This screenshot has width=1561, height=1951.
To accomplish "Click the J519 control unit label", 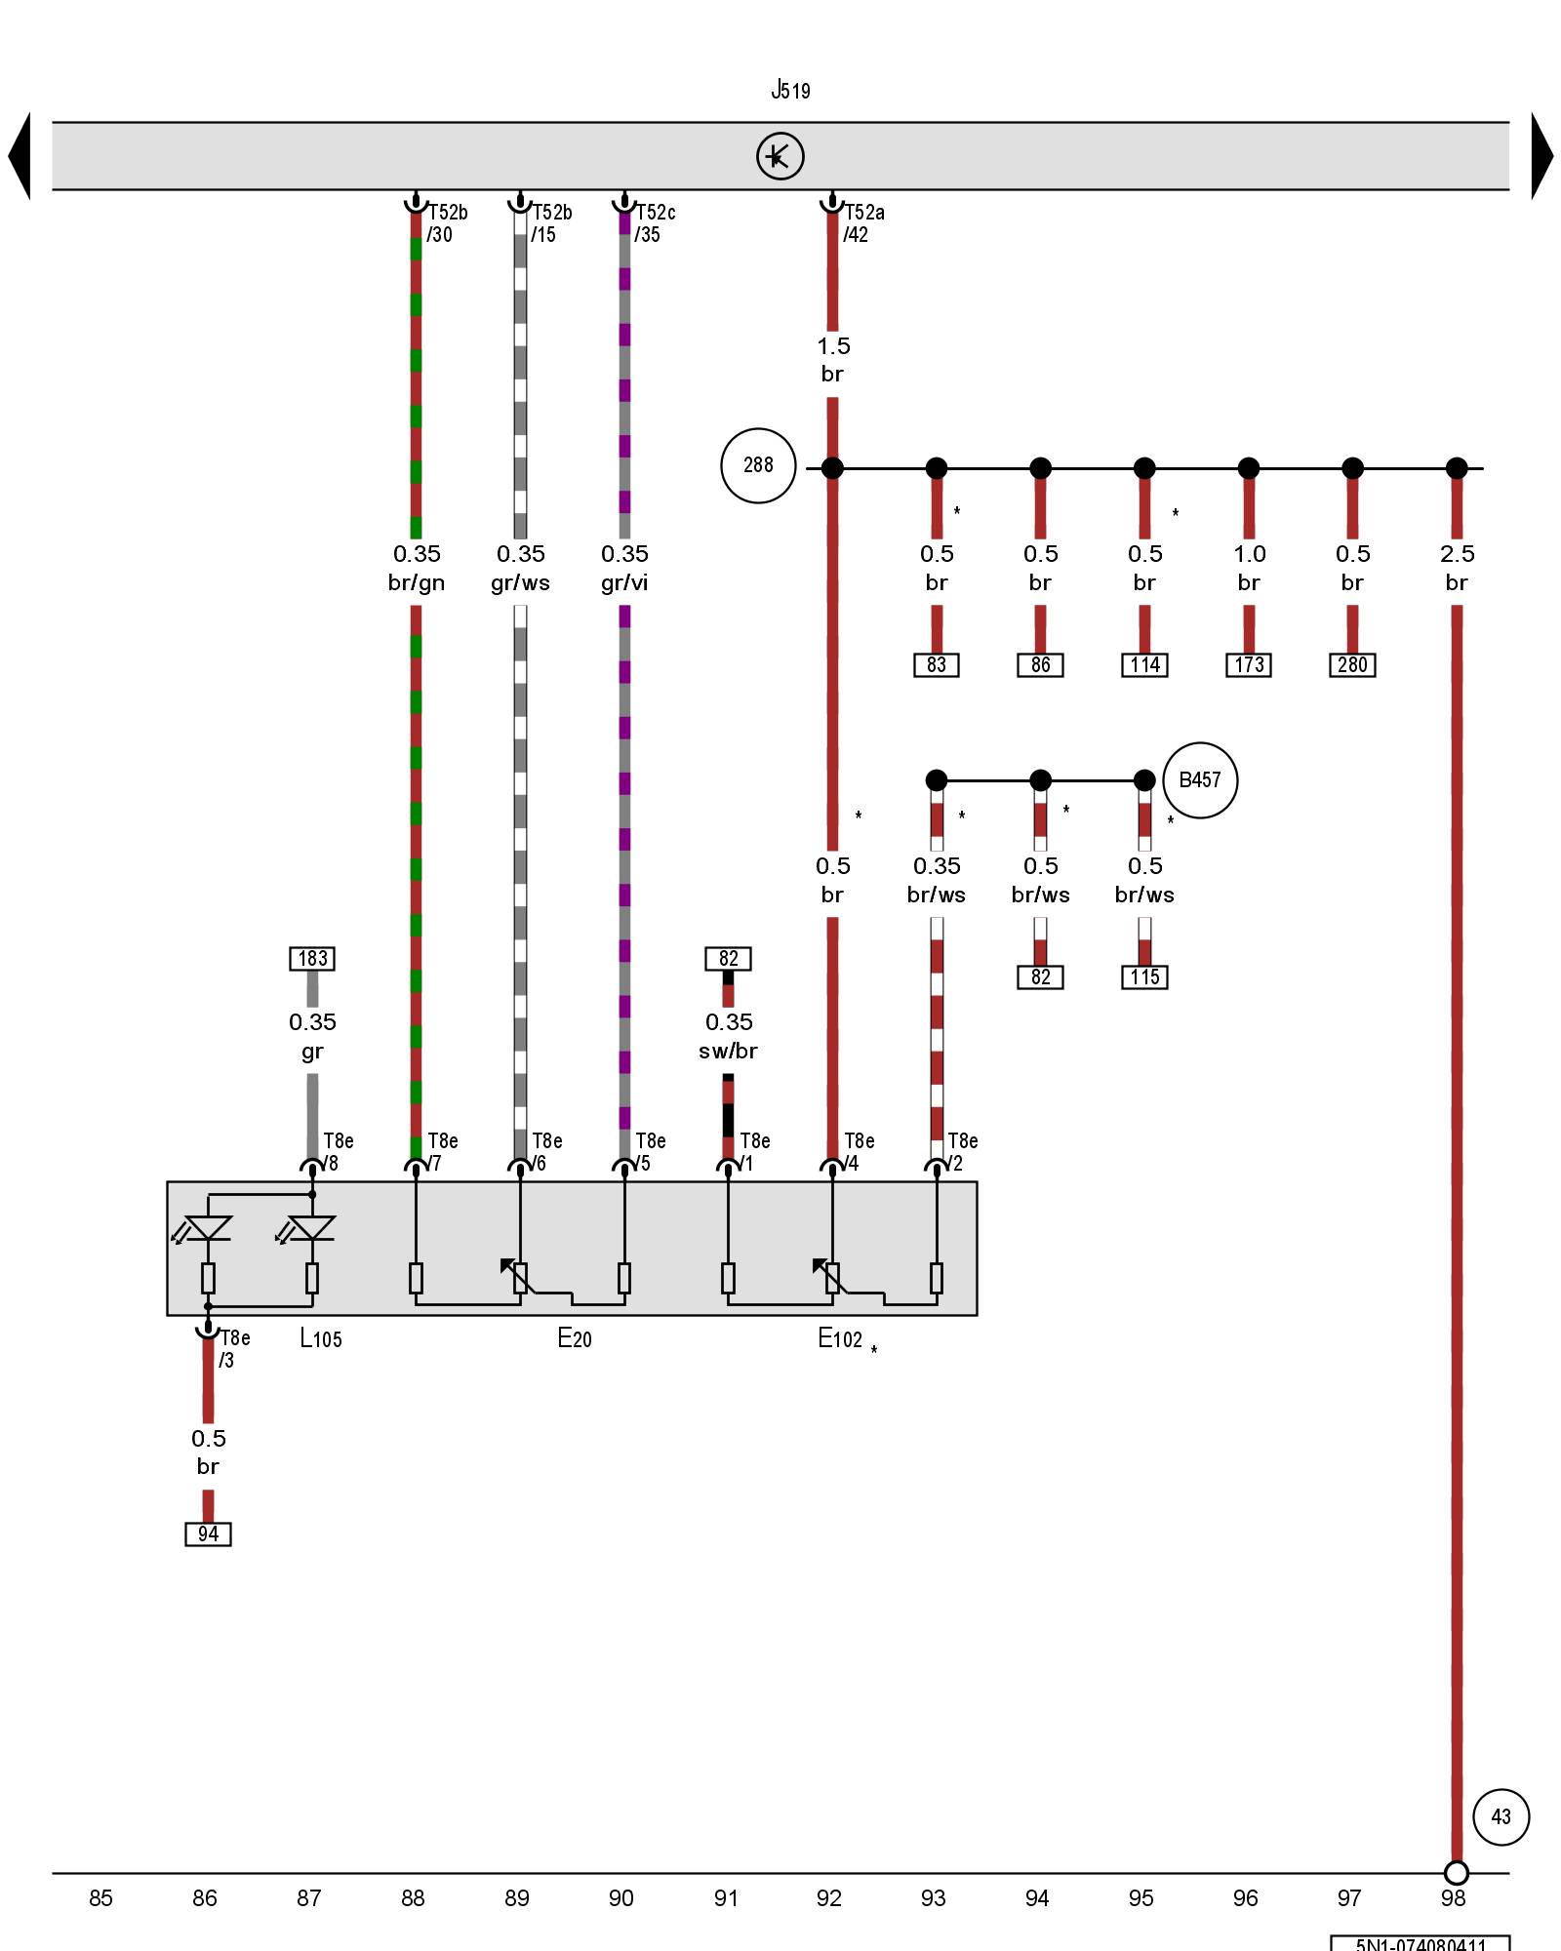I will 790,91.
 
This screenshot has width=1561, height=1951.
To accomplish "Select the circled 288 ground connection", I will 758,465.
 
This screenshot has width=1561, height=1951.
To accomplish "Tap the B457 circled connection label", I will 1200,779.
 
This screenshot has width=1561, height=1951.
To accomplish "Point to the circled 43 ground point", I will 1501,1816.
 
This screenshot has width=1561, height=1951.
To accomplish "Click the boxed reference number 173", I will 1249,665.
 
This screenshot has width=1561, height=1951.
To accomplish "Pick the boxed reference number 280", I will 1352,665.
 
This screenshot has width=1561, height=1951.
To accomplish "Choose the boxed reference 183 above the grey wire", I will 312,958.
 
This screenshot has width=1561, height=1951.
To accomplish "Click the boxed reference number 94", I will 208,1533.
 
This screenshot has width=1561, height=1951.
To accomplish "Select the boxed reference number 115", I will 1144,977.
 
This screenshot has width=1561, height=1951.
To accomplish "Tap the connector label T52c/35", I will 654,223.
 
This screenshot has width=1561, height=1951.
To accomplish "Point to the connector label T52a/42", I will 862,223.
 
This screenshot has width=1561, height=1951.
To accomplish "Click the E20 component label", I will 575,1338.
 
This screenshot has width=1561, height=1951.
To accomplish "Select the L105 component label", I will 321,1338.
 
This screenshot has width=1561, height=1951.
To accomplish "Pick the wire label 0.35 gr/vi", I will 624,568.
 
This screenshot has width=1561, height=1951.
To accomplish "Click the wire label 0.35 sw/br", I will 729,1036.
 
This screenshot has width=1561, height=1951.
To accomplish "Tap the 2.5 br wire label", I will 1457,568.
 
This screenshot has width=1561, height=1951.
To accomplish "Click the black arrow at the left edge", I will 20,156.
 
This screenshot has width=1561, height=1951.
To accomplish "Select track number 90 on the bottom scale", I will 620,1898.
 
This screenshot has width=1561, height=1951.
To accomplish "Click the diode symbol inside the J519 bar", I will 780,156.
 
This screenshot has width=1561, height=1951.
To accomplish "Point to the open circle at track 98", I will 1456,1873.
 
